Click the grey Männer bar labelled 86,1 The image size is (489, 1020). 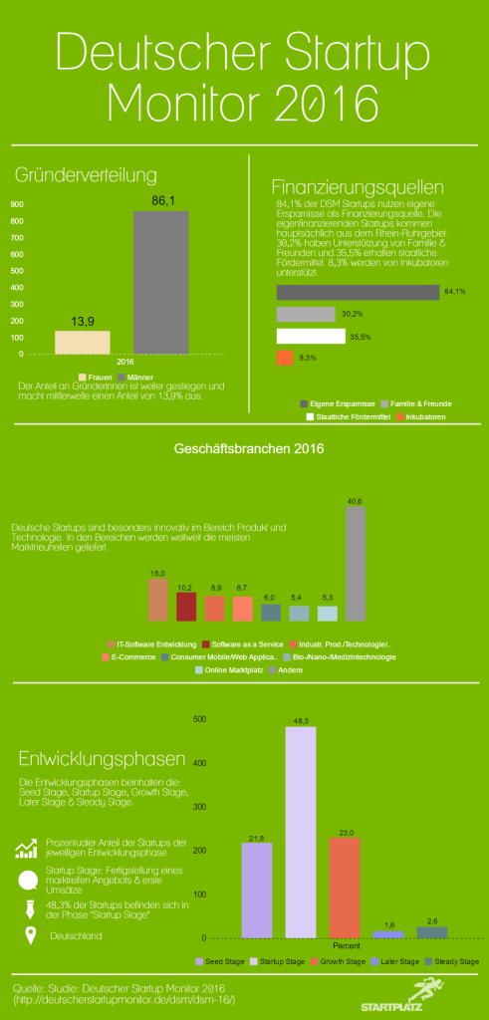click(x=160, y=282)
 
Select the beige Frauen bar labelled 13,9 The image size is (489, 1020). click(x=82, y=342)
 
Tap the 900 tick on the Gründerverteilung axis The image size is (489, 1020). click(x=18, y=205)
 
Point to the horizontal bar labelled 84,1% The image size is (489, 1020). click(x=357, y=292)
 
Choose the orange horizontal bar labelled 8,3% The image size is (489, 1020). click(x=283, y=358)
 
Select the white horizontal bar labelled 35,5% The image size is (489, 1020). click(x=311, y=336)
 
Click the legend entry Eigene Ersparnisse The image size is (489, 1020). click(x=339, y=402)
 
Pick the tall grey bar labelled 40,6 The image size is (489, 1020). click(x=355, y=564)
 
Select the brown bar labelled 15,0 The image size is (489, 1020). click(x=157, y=601)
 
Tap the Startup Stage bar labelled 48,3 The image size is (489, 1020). click(x=300, y=832)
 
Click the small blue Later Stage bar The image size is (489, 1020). click(x=387, y=934)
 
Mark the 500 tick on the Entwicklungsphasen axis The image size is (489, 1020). click(x=199, y=719)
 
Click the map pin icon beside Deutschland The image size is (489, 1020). click(x=29, y=935)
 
